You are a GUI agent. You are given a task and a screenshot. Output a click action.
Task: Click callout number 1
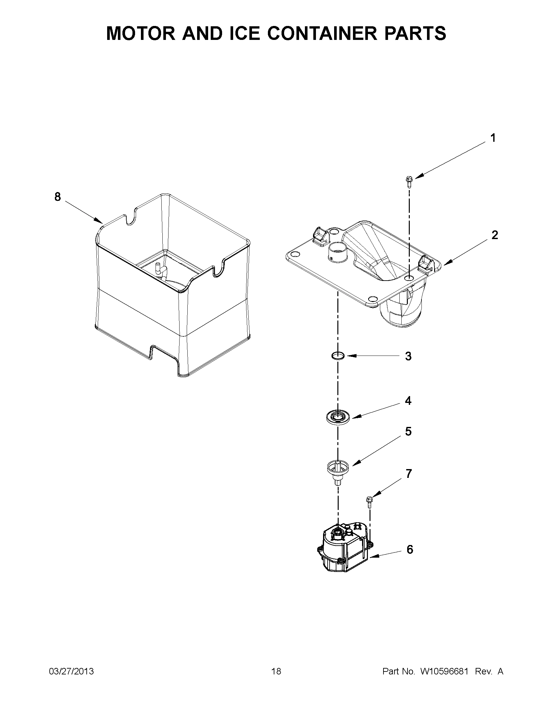[493, 138]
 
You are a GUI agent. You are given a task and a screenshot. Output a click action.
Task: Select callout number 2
[495, 235]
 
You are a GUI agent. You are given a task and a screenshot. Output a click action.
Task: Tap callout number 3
[408, 356]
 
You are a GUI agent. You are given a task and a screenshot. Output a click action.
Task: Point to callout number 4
[408, 401]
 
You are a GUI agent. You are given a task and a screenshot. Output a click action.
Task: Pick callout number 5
[408, 431]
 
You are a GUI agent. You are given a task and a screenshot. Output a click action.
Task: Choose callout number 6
[410, 549]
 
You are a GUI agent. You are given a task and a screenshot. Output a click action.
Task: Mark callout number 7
[409, 473]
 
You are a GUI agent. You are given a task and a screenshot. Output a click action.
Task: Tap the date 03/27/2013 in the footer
[71, 672]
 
